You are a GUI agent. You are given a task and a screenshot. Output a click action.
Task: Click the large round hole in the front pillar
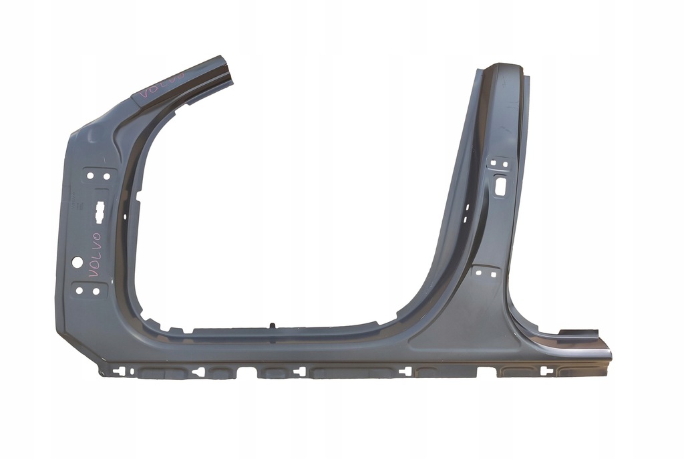pos(77,262)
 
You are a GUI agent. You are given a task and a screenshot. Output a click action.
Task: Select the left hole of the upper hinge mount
pos(90,176)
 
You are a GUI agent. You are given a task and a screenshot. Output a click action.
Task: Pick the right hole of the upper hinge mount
pos(106,176)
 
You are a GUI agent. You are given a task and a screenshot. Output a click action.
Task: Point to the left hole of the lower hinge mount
pos(79,291)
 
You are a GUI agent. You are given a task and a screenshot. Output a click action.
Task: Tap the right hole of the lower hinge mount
pos(96,291)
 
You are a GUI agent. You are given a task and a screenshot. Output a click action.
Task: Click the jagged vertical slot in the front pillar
pos(100,212)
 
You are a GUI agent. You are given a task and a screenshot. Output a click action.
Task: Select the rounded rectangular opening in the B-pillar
pos(500,186)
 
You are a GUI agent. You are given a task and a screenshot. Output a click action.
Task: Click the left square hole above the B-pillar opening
pos(494,164)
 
